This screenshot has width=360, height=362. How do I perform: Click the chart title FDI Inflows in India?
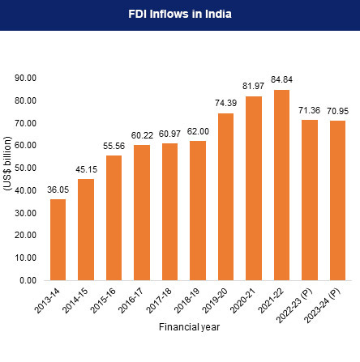point(180,15)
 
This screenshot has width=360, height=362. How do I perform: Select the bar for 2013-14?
point(58,239)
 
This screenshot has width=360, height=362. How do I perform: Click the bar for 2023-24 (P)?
point(338,200)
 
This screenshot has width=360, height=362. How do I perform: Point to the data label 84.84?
point(282,80)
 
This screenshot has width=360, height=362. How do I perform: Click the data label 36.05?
point(58,190)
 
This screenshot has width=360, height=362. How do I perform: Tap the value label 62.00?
point(198,131)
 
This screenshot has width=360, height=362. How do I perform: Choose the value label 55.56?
point(114,146)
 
